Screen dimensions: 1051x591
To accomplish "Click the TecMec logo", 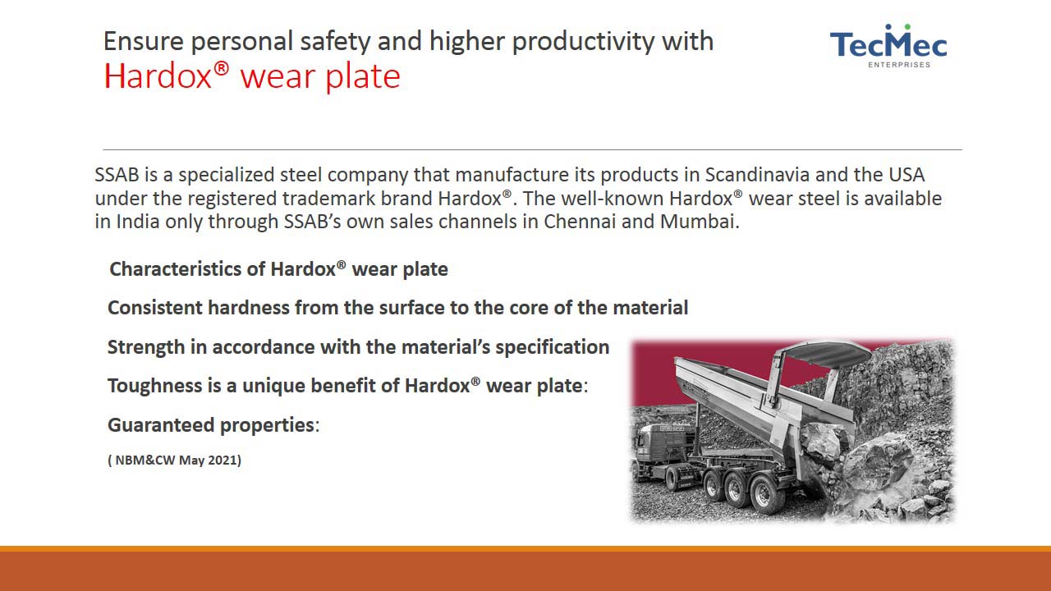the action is pos(888,46).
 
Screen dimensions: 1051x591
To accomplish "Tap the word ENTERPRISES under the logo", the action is pos(899,65).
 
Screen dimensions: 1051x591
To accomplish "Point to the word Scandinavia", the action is pos(757,175).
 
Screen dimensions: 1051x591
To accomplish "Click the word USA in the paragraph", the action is pos(906,175).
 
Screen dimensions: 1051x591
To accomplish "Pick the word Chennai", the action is pos(580,222).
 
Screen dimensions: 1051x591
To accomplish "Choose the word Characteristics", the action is pos(175,269).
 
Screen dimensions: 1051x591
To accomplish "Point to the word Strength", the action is pos(146,347).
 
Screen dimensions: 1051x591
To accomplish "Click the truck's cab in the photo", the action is pos(662,448).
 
